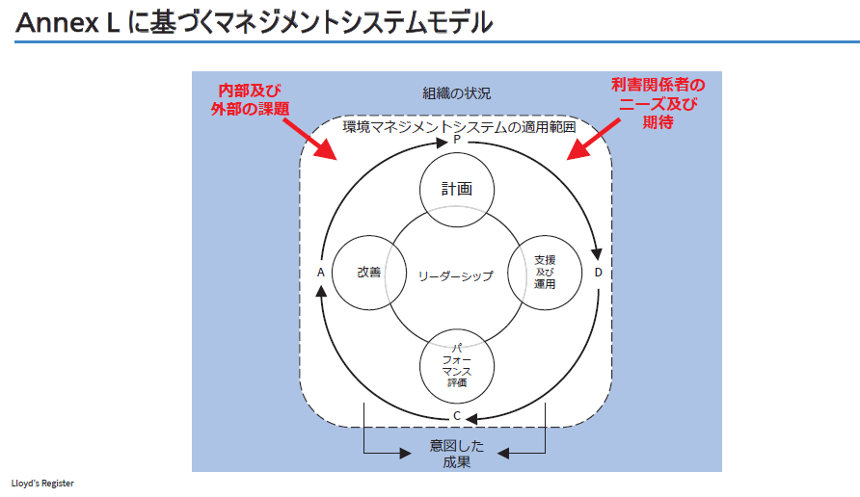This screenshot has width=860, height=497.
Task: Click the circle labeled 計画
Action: pyautogui.click(x=457, y=189)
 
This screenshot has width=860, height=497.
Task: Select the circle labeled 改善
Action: pyautogui.click(x=368, y=273)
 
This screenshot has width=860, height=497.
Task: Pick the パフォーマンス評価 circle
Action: pyautogui.click(x=457, y=363)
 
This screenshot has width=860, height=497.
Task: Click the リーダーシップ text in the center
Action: pyautogui.click(x=456, y=275)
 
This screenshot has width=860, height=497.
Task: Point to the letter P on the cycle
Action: pyautogui.click(x=457, y=140)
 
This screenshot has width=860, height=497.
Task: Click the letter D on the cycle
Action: pyautogui.click(x=598, y=273)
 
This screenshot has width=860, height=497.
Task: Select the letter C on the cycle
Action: pyautogui.click(x=457, y=416)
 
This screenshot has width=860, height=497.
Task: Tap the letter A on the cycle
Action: pyautogui.click(x=320, y=273)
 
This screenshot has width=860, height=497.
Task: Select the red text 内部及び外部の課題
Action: pyautogui.click(x=250, y=97)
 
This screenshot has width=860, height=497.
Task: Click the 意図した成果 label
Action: pyautogui.click(x=457, y=454)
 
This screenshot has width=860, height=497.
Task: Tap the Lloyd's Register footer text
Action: pyautogui.click(x=42, y=483)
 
